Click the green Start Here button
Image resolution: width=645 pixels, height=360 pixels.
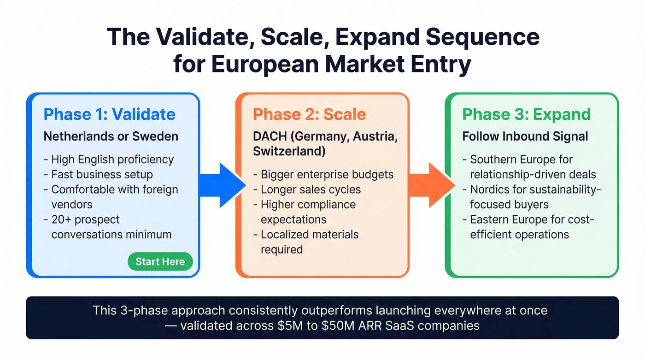(x=160, y=262)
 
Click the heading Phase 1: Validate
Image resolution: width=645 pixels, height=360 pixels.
(x=109, y=114)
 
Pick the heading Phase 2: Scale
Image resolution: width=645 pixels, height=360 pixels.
(x=310, y=114)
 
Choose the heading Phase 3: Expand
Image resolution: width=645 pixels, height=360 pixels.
(x=526, y=114)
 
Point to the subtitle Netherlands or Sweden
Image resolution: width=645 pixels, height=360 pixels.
(x=111, y=136)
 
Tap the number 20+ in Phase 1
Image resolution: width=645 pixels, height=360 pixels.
(x=61, y=219)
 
